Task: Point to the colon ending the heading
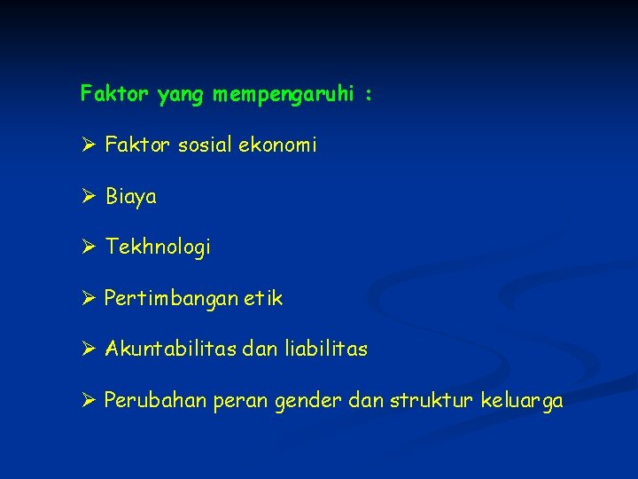[x=367, y=94]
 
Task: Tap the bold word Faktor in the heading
[x=115, y=92]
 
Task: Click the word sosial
[x=207, y=144]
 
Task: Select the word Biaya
[x=131, y=197]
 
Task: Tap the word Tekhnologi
[x=158, y=247]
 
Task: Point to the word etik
[x=265, y=299]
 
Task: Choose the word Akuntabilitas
[x=168, y=349]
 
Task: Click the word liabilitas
[x=326, y=349]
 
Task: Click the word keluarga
[x=521, y=402]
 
